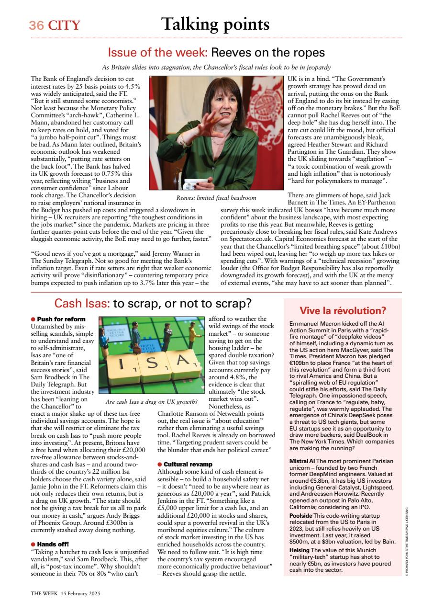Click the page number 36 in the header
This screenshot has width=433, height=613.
click(x=36, y=25)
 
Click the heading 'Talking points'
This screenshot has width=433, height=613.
click(x=215, y=24)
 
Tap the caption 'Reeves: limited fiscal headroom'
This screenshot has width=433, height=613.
click(x=216, y=197)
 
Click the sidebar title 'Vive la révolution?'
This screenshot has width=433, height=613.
click(x=343, y=311)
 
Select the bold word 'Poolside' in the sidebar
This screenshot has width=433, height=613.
click(x=301, y=515)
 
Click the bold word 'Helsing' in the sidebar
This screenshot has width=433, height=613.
click(x=299, y=551)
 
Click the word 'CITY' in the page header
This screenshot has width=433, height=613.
click(x=64, y=25)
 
